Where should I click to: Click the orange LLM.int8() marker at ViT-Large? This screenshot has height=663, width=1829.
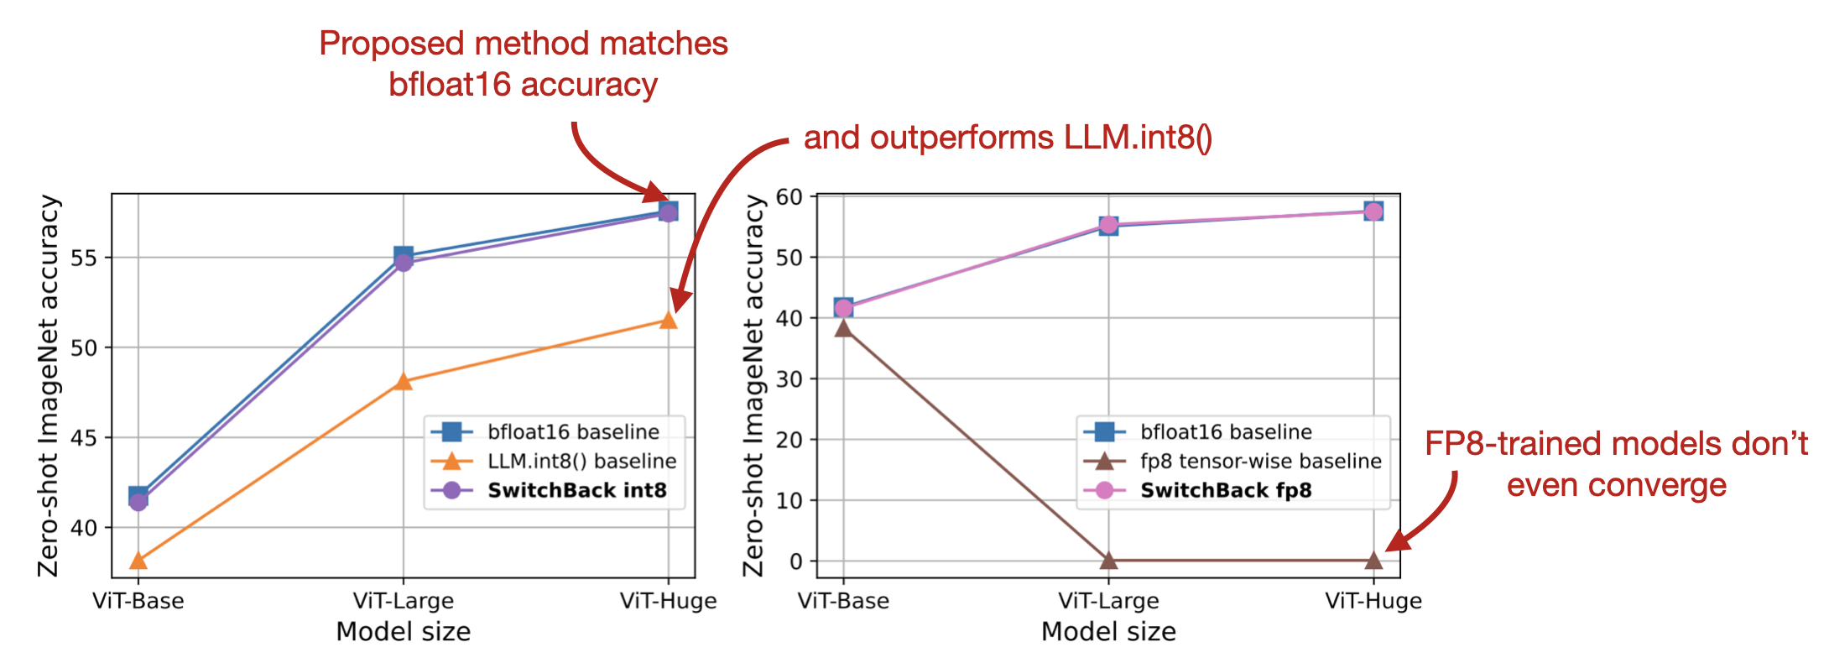tap(403, 382)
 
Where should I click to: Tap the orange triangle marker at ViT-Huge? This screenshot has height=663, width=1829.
tap(668, 321)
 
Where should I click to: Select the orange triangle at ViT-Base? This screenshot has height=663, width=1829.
tap(138, 561)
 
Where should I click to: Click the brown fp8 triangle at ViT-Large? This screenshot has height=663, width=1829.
tap(1108, 560)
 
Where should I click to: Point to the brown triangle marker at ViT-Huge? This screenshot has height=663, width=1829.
tap(1373, 560)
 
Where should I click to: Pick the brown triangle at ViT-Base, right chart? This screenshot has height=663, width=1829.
tap(843, 328)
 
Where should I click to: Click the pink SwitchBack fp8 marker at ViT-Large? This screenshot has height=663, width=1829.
tap(1108, 225)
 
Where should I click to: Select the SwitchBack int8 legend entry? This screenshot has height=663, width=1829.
tap(576, 490)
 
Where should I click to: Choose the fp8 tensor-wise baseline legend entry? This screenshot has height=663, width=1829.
tap(1260, 461)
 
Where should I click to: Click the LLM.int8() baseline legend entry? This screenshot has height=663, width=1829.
tap(581, 461)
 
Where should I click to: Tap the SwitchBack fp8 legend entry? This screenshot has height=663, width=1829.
tap(1225, 490)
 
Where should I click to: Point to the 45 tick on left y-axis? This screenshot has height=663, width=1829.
tap(84, 438)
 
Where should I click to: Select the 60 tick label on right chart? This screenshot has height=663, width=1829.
tap(790, 197)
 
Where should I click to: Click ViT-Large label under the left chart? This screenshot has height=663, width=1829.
tap(403, 601)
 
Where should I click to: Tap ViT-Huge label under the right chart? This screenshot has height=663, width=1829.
tap(1373, 601)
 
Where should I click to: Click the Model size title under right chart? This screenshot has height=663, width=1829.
tap(1108, 632)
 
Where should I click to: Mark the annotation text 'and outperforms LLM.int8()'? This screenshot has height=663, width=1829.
tap(1007, 138)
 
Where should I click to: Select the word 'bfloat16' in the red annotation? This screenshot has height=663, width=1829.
tap(449, 85)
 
